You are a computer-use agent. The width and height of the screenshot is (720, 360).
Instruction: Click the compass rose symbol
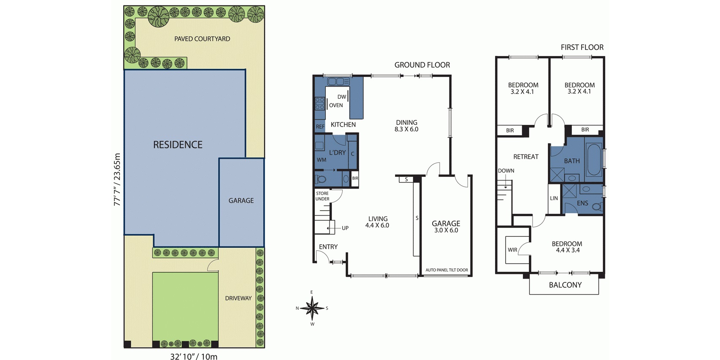coord(312,308)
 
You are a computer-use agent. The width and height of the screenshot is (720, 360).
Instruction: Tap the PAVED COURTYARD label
coord(202,39)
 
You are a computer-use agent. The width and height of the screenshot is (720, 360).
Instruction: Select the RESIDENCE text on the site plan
coord(178,145)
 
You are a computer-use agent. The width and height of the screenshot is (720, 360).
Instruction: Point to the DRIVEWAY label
coord(238,298)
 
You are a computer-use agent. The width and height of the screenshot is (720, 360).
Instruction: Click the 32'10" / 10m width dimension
coord(194,356)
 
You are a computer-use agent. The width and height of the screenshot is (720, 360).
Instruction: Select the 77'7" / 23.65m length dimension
coord(117,179)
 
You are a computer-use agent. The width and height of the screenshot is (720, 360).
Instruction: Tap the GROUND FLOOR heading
coord(422,65)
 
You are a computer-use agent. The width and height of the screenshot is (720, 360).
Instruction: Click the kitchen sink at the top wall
coord(338,81)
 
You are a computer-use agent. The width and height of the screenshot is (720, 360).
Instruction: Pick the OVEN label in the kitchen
coord(336,105)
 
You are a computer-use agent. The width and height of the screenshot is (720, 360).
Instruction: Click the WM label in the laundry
coord(321,160)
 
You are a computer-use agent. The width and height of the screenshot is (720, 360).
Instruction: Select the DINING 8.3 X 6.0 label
coord(406,126)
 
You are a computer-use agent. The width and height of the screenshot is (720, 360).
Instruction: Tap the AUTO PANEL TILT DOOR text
coord(447,270)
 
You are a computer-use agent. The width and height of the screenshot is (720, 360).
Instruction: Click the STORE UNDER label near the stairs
coord(322,196)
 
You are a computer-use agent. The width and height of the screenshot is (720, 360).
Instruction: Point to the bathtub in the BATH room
coord(593,160)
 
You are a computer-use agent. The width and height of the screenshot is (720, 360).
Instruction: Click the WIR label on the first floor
coord(512,250)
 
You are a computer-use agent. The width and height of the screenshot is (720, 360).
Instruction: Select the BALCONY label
coord(565,285)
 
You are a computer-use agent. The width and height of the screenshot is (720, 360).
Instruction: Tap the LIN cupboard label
coord(554,198)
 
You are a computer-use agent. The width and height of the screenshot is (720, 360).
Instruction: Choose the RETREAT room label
coord(526,157)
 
